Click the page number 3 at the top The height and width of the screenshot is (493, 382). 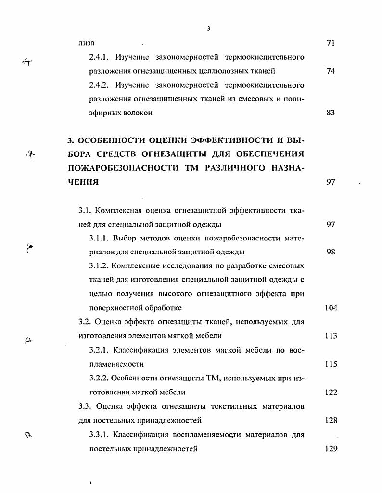click(x=209, y=28)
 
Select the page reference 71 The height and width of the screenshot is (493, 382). click(x=331, y=43)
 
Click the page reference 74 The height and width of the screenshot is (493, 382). click(x=331, y=71)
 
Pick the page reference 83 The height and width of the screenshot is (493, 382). click(x=331, y=113)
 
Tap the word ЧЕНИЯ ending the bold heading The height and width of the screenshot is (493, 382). click(x=83, y=182)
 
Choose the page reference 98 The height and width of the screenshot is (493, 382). click(x=331, y=252)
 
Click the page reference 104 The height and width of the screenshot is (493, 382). click(x=331, y=308)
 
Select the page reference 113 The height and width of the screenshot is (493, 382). click(x=331, y=336)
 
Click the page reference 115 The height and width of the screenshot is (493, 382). click(x=331, y=364)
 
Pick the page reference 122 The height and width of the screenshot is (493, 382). click(x=331, y=392)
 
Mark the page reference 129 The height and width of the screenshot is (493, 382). click(x=331, y=449)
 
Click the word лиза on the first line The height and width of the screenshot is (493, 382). click(x=86, y=43)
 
